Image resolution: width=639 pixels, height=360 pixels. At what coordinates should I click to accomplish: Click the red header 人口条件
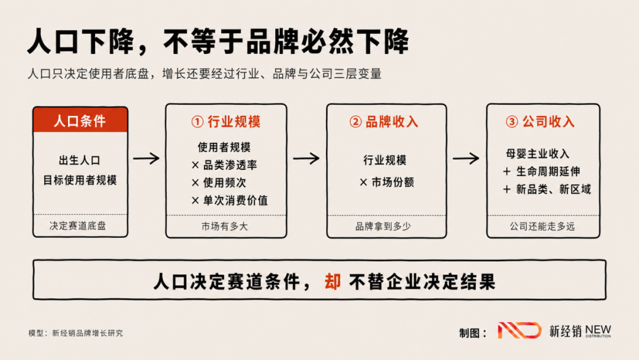tap(80, 121)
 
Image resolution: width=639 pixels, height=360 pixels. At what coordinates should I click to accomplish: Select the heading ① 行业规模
tap(226, 121)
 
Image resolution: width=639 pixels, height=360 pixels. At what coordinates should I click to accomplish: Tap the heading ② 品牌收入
tap(384, 121)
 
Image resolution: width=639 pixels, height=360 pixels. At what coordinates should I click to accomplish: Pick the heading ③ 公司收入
tap(540, 121)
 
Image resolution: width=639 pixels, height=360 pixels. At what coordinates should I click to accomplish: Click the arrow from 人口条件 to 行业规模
tap(146, 158)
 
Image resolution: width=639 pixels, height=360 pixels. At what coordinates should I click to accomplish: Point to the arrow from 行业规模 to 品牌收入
tap(306, 158)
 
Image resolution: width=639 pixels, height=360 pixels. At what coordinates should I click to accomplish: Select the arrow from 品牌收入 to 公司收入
tap(466, 158)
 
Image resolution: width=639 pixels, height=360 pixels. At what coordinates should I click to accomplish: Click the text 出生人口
tap(80, 160)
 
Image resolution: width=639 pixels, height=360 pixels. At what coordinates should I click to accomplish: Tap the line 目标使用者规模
tap(80, 180)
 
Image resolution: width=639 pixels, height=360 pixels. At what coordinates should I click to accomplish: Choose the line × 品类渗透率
tap(224, 165)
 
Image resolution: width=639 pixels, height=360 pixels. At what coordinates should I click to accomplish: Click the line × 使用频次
tap(219, 182)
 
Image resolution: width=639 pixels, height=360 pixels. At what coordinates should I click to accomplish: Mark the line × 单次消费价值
tap(230, 201)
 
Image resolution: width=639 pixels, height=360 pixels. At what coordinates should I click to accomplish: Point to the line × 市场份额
tap(387, 182)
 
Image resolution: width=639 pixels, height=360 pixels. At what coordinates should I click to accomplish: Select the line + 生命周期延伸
tap(541, 172)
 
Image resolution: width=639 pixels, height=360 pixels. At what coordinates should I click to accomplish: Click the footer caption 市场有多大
tap(225, 226)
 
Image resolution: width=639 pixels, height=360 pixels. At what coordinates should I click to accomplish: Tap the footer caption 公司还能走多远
tap(543, 226)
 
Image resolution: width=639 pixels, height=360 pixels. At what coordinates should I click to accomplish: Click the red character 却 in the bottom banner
tap(333, 282)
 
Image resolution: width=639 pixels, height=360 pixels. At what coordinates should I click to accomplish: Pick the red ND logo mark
tap(519, 330)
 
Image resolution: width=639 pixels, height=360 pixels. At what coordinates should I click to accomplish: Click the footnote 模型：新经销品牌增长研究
tap(75, 333)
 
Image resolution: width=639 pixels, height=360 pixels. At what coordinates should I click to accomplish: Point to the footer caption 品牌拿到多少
tap(383, 226)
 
